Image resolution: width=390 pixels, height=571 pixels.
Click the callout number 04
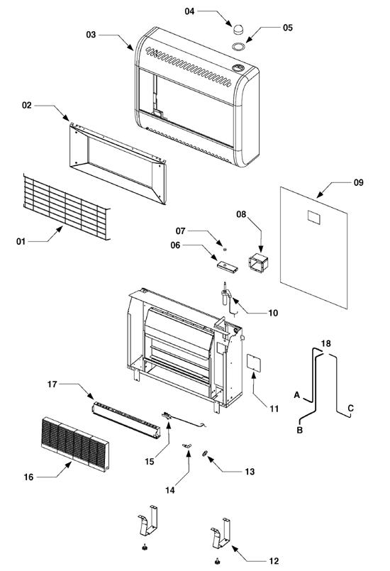pyautogui.click(x=189, y=12)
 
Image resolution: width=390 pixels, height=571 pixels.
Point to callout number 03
pyautogui.click(x=91, y=35)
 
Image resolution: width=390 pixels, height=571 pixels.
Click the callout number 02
pyautogui.click(x=26, y=106)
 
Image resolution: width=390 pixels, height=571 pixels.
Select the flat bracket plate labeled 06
pyautogui.click(x=227, y=266)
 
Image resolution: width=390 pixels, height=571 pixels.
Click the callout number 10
pyautogui.click(x=273, y=313)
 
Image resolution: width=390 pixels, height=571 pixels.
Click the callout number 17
pyautogui.click(x=52, y=384)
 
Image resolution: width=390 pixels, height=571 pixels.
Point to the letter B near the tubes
pyautogui.click(x=300, y=430)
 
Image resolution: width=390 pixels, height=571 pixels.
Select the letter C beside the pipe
pyautogui.click(x=350, y=408)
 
